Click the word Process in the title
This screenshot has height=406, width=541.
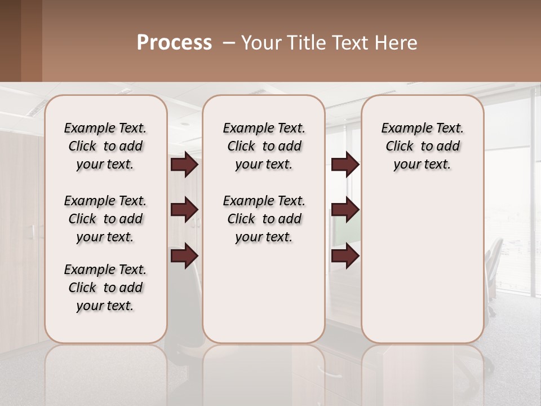coord(174,43)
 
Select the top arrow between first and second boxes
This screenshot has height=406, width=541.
coord(184,165)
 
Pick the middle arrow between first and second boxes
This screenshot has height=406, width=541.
coord(184,210)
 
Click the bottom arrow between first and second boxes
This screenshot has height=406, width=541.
coord(184,255)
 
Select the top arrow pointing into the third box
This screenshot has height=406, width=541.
coord(345,165)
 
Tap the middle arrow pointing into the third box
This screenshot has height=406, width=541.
coord(345,210)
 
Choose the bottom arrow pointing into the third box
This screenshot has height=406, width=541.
coord(345,255)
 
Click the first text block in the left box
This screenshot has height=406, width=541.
coord(105,146)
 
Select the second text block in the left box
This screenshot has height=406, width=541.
coord(105,219)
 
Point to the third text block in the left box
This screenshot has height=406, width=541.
coord(105,288)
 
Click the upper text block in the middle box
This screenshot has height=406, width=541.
coord(264,146)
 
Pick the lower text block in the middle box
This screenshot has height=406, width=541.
coord(264,219)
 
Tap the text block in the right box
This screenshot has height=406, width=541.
coord(423,146)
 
